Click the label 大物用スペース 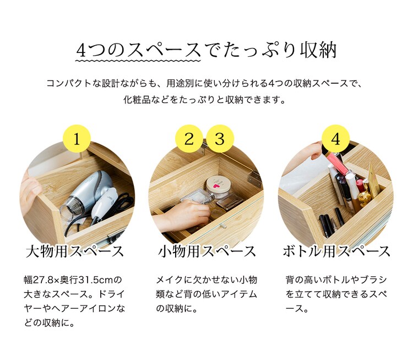click(75, 252)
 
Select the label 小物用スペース click(207, 252)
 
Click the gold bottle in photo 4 click(374, 182)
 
